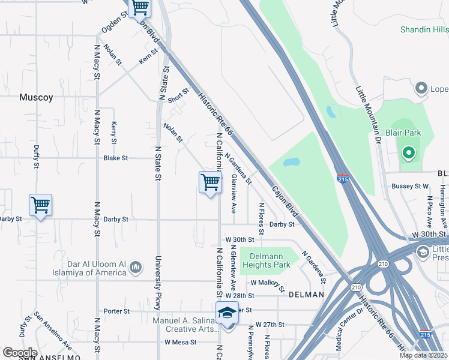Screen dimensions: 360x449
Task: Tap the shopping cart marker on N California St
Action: tap(210, 182)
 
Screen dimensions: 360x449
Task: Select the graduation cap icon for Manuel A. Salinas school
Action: tap(227, 313)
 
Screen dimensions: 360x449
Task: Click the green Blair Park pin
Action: tap(409, 154)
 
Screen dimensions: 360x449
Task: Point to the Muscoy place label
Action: tap(36, 97)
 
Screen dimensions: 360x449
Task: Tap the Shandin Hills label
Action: tap(424, 29)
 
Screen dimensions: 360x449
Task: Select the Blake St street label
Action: tap(116, 158)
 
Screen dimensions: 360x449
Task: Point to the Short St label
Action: tap(178, 95)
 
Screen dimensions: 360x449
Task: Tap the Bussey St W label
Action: tap(410, 187)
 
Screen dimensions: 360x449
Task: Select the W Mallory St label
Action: tap(268, 283)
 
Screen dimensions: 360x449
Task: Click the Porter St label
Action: tap(116, 311)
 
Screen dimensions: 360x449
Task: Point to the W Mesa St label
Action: tap(181, 342)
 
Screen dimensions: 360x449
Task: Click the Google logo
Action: tap(20, 353)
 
